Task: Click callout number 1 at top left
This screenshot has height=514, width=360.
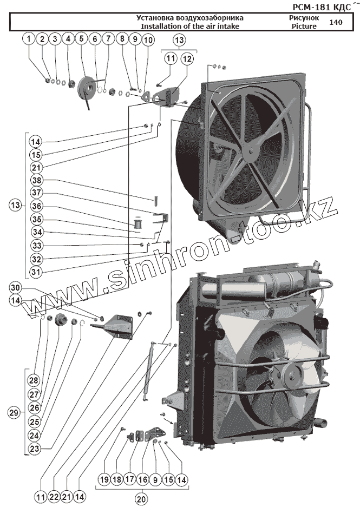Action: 29,39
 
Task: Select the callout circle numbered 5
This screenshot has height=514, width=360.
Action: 81,39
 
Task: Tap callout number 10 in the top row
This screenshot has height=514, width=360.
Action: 148,39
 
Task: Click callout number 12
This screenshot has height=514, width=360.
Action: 187,58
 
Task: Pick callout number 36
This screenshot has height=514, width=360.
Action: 36,206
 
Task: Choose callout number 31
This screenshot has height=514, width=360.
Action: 36,271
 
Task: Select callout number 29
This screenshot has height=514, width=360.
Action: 15,413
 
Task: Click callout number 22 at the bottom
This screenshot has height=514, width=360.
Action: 53,496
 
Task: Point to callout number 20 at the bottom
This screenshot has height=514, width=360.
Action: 141,500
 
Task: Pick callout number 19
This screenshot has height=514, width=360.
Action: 104,479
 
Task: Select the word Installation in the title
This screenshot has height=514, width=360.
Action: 159,26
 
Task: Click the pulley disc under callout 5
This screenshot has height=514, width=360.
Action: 87,88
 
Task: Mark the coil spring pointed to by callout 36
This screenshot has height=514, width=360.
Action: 139,222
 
